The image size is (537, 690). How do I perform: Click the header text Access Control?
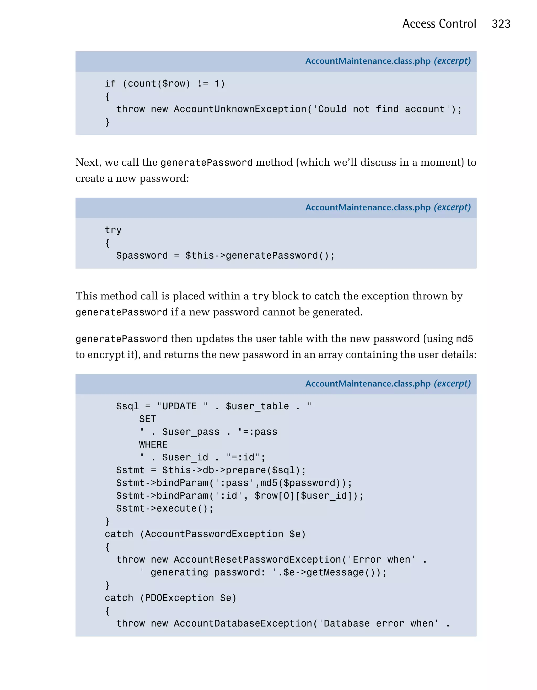[439, 24]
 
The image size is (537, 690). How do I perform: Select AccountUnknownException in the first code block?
[240, 109]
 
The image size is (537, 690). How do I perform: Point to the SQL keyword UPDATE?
[179, 406]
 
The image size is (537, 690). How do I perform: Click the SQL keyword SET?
[147, 419]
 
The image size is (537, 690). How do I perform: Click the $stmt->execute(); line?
[165, 509]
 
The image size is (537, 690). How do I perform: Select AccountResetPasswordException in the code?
[257, 560]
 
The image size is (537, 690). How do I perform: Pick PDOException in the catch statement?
[179, 598]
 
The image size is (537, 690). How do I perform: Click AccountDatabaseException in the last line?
[243, 624]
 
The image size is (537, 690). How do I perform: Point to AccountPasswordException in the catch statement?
[214, 534]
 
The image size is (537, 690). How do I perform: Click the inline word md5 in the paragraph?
[464, 339]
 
